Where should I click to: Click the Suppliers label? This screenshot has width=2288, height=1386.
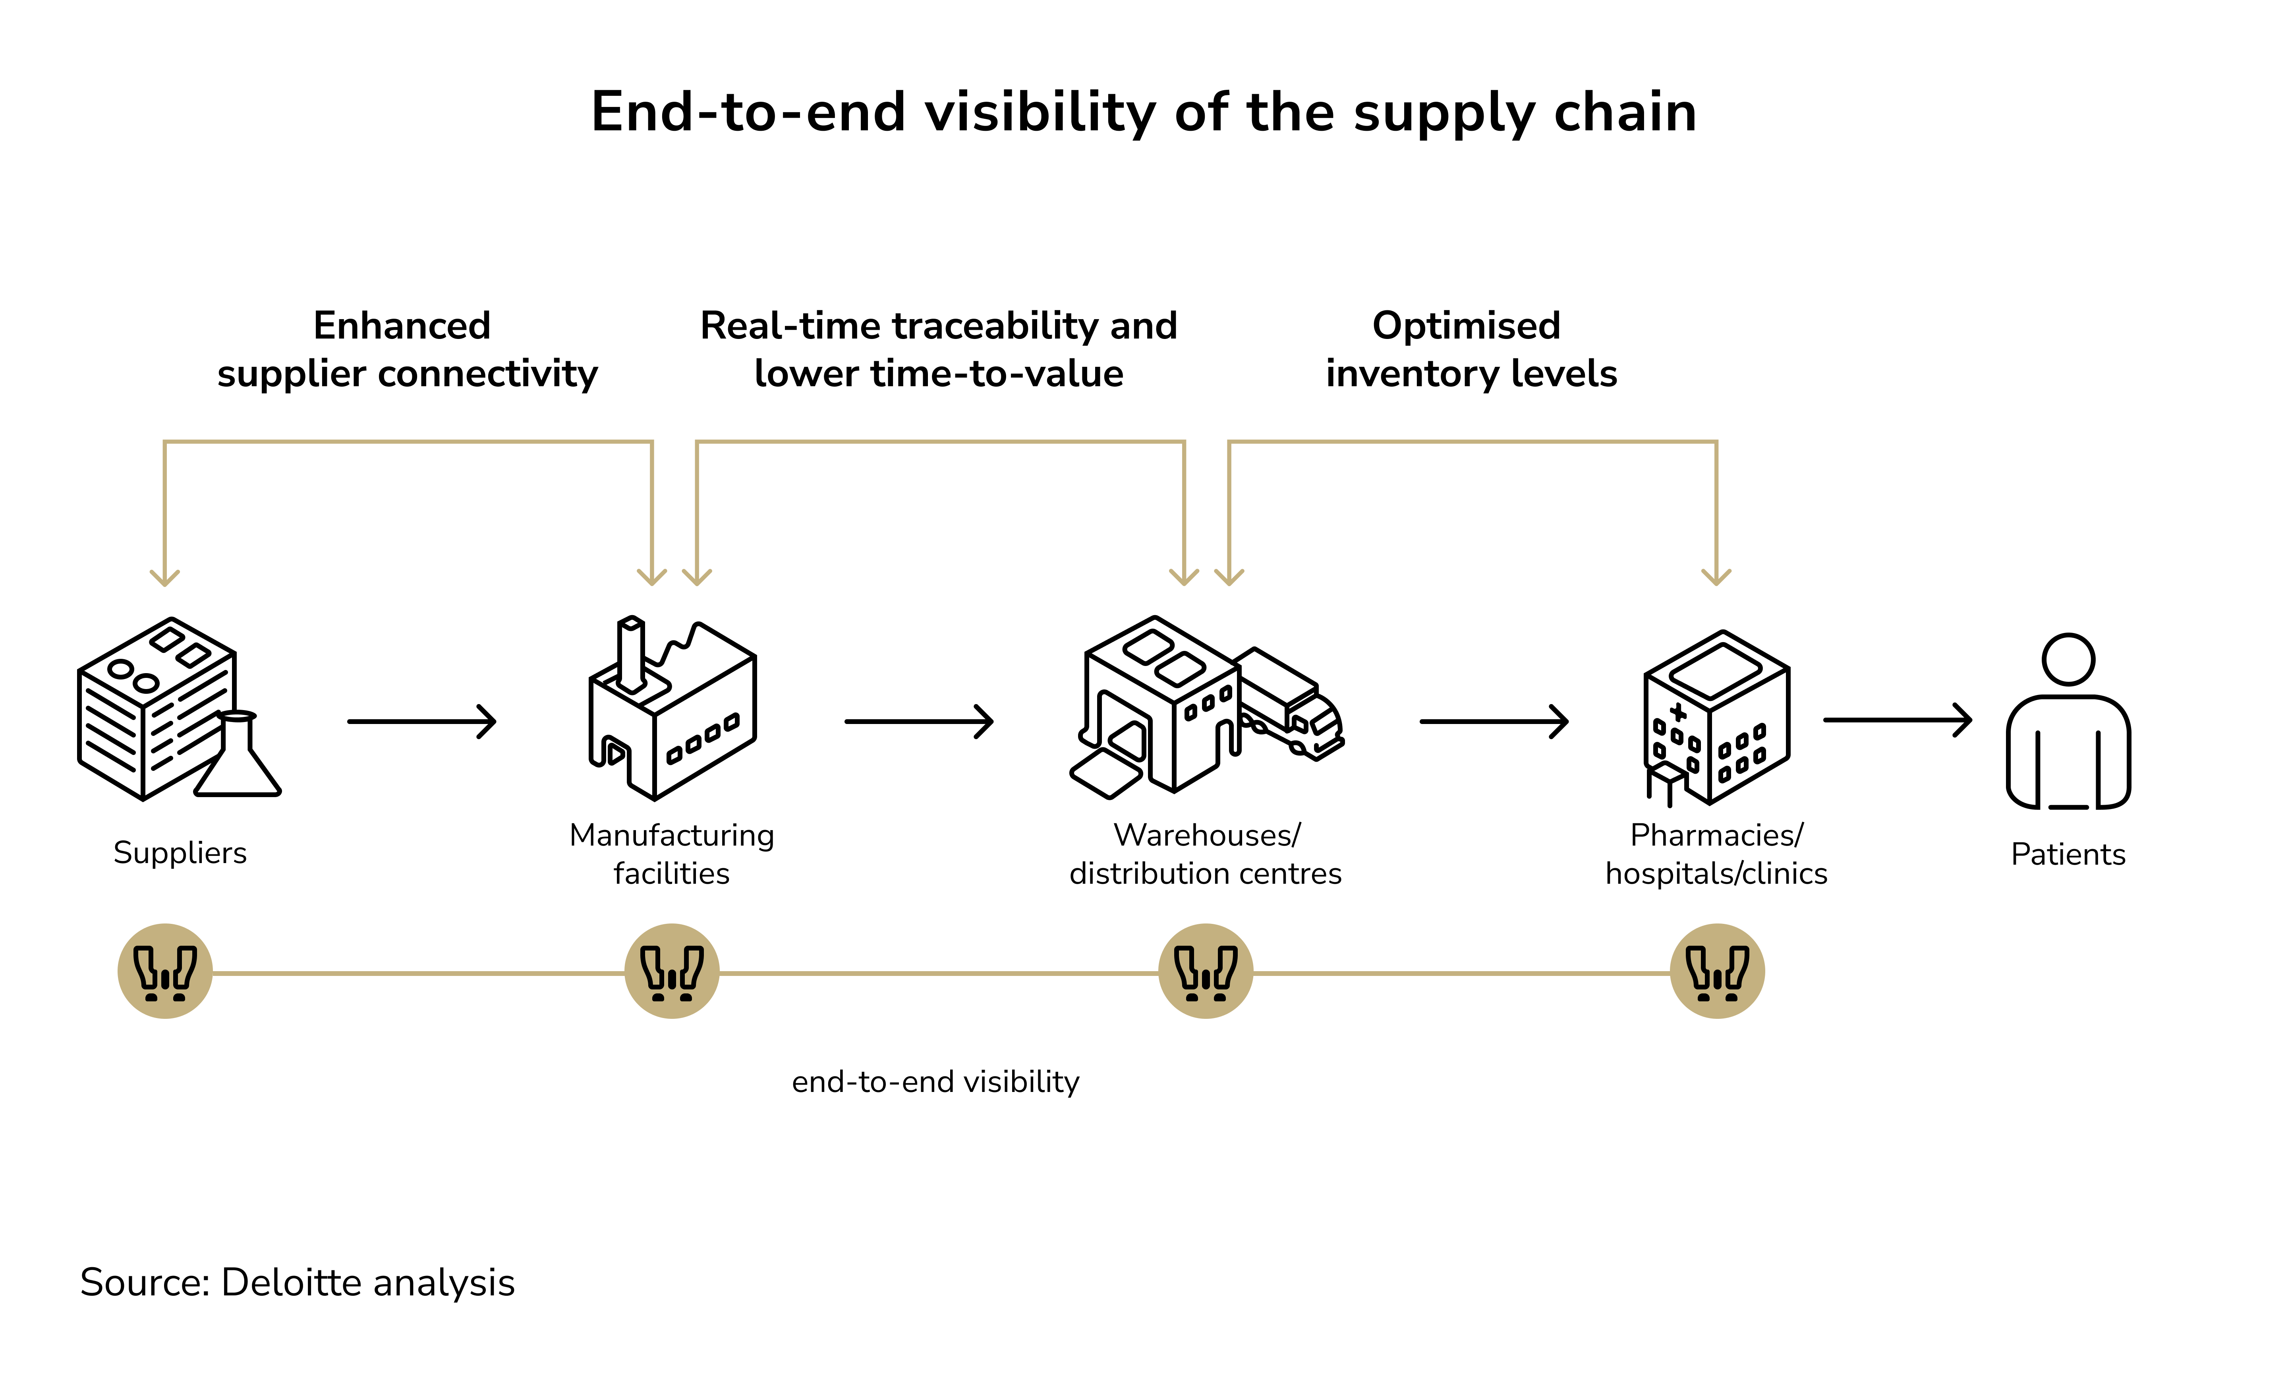pos(180,853)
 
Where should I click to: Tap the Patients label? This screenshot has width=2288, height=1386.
pos(2068,855)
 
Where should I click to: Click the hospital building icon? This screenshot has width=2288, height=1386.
pos(1716,717)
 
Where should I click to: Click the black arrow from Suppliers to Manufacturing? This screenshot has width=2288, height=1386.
pos(423,722)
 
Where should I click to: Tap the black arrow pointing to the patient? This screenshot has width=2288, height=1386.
pos(1897,720)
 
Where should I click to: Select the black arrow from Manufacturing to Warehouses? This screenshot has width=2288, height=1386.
pos(919,722)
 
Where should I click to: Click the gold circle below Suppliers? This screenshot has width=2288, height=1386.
pos(165,972)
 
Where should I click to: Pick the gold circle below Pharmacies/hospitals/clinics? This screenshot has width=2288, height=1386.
pos(1717,972)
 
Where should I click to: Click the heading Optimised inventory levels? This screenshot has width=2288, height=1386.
pos(1471,349)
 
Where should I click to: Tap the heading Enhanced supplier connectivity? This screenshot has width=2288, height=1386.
pos(407,349)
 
